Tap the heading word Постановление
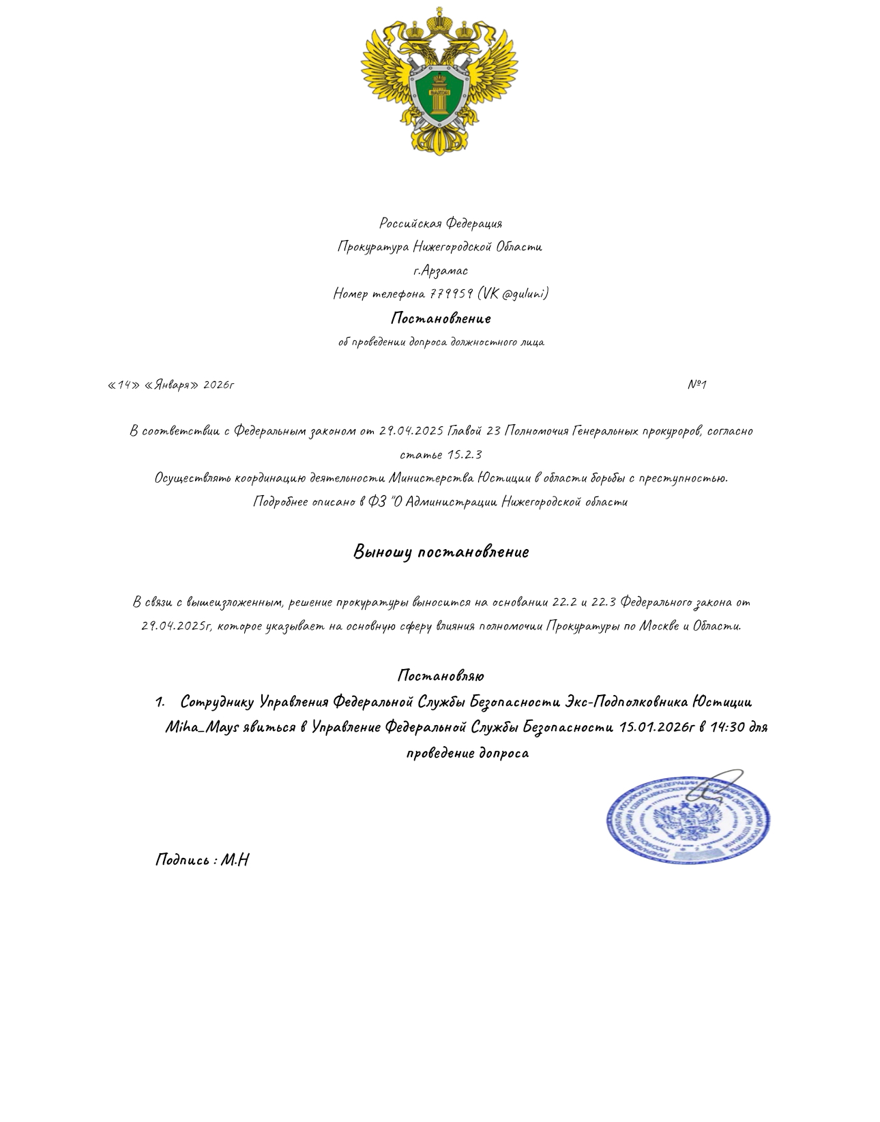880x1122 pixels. [441, 319]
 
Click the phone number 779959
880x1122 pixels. [451, 294]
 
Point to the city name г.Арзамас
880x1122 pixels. [440, 271]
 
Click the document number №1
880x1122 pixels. [696, 385]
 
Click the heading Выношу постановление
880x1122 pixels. [441, 552]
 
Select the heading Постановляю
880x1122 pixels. [441, 676]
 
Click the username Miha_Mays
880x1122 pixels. [202, 727]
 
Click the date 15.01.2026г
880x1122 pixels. [657, 727]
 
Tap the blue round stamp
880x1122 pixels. [688, 818]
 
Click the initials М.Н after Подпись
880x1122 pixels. [235, 859]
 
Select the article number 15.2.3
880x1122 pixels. [464, 455]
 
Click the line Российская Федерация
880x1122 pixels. [441, 224]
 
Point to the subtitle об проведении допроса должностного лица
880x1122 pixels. [441, 342]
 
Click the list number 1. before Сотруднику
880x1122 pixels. [160, 702]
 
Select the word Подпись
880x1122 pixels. [183, 859]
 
